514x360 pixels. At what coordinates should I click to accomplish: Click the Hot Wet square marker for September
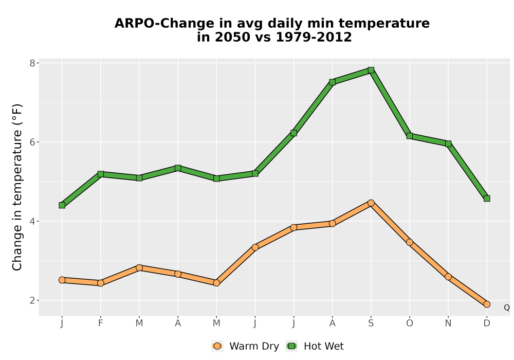tap(371, 70)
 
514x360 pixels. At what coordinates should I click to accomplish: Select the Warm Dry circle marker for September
tap(371, 203)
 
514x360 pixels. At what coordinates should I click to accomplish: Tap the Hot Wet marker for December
tap(487, 199)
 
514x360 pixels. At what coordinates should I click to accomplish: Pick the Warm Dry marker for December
tap(487, 304)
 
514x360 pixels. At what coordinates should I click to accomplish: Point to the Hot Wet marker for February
tap(101, 174)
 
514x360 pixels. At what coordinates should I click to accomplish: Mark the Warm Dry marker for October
tap(410, 242)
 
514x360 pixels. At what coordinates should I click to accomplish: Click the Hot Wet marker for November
tap(448, 143)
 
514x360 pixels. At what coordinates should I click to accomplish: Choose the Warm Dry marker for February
tap(101, 283)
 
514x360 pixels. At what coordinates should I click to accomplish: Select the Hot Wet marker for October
tap(410, 136)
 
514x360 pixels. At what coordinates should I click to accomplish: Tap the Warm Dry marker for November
tap(448, 277)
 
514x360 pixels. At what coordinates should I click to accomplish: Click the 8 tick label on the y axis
tap(32, 63)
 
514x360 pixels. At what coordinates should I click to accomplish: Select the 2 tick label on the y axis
tap(32, 300)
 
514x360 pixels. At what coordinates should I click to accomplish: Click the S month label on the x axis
tap(371, 323)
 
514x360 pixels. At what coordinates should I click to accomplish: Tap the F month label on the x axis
tap(101, 323)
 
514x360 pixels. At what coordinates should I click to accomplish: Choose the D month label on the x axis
tap(487, 323)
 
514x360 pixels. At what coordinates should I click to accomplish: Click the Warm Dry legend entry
tap(245, 346)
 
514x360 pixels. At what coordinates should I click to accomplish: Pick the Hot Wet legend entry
tap(315, 346)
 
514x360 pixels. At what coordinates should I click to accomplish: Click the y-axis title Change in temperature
tap(17, 187)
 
